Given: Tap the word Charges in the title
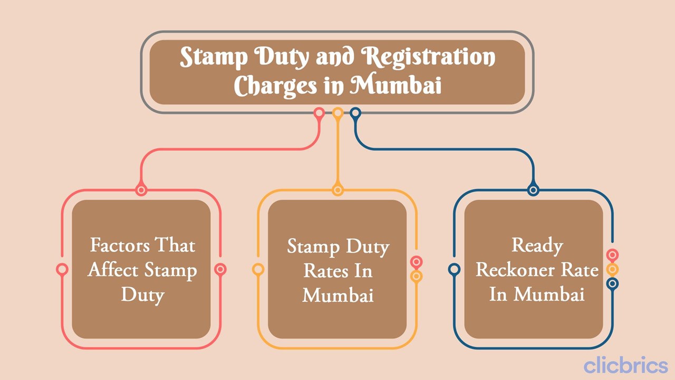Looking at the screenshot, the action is (x=274, y=85).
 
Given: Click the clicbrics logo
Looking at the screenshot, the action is (x=625, y=365).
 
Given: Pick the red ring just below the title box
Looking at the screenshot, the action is (x=319, y=112).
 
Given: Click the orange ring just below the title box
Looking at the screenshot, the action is (x=338, y=112).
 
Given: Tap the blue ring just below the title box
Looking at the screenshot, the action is (x=355, y=112).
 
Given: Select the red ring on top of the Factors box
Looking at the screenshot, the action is (x=141, y=190).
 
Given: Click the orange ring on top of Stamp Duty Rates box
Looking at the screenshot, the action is (x=337, y=190).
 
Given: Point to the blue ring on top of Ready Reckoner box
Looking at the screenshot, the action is (x=533, y=190).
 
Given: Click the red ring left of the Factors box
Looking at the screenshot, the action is (x=62, y=270).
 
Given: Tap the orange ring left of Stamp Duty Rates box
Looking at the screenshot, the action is (x=258, y=270).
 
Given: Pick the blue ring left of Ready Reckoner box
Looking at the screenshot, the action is (x=454, y=270).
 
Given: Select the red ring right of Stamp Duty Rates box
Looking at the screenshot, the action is (x=416, y=262).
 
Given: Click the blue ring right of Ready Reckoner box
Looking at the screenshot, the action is (x=612, y=283).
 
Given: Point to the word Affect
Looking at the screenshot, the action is (x=109, y=270).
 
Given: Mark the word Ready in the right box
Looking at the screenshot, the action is (x=537, y=245).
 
